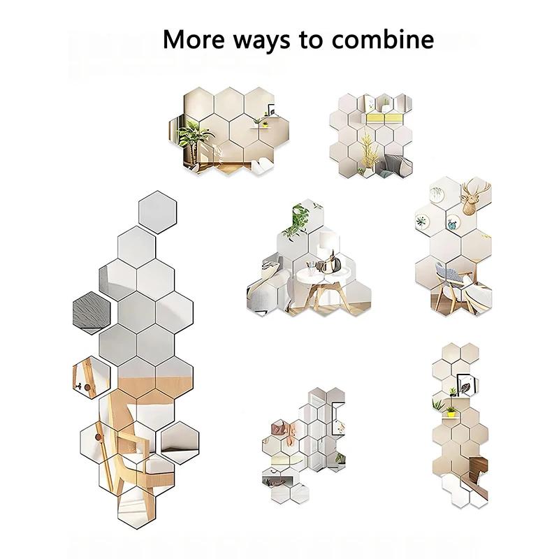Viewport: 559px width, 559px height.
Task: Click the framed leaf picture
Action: (465, 384)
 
